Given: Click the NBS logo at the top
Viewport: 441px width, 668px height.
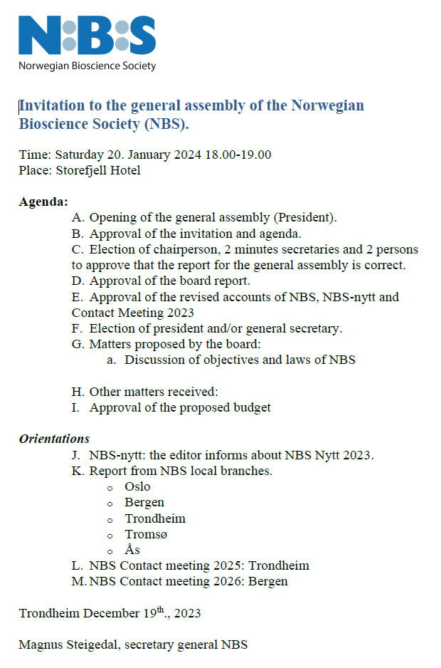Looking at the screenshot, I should tap(87, 33).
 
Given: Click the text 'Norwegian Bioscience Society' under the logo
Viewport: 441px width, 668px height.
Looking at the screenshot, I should tap(87, 66).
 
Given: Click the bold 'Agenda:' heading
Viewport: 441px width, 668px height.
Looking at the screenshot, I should tap(43, 202).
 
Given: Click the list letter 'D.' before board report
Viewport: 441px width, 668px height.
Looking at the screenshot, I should tap(78, 281).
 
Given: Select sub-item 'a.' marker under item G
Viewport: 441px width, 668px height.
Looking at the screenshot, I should tap(112, 360).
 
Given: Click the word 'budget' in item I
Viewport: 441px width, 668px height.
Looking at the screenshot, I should tap(252, 408).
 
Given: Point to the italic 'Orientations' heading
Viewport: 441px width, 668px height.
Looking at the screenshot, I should tap(54, 439).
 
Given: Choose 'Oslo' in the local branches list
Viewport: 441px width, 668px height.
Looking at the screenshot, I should tap(137, 487).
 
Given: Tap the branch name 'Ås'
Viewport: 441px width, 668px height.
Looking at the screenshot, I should tap(132, 550).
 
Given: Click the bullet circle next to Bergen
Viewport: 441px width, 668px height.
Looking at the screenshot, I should tap(110, 504).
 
